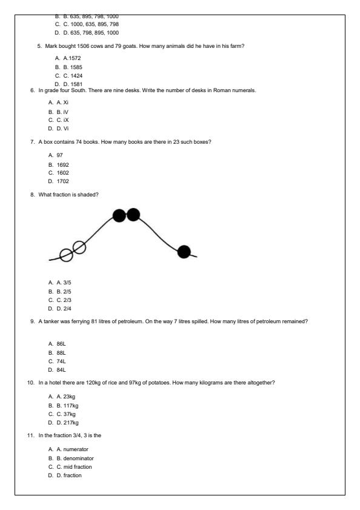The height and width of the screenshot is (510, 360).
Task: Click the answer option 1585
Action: pyautogui.click(x=72, y=67)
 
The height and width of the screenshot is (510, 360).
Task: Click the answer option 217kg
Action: pyautogui.click(x=73, y=423)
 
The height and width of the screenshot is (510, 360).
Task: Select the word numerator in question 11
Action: pyautogui.click(x=79, y=449)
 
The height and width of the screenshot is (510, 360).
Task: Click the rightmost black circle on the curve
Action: pyautogui.click(x=184, y=252)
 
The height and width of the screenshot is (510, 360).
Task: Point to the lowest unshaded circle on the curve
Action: pyautogui.click(x=67, y=255)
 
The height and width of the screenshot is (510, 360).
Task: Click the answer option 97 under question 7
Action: pyautogui.click(x=59, y=155)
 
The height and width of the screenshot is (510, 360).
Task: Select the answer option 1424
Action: pyautogui.click(x=72, y=76)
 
